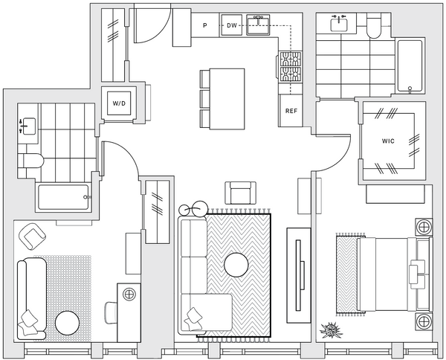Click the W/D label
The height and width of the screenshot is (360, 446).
pyautogui.click(x=119, y=103)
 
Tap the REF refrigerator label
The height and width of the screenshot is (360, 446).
pyautogui.click(x=291, y=111)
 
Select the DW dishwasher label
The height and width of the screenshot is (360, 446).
pyautogui.click(x=232, y=25)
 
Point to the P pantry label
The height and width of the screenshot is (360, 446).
pyautogui.click(x=205, y=25)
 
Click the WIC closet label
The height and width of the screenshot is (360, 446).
pyautogui.click(x=388, y=141)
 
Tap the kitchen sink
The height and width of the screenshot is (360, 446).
pyautogui.click(x=258, y=25)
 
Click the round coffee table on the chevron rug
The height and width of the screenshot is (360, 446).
pyautogui.click(x=236, y=265)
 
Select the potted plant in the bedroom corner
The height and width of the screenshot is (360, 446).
pyautogui.click(x=331, y=330)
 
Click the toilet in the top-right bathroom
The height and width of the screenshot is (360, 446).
pyautogui.click(x=374, y=26)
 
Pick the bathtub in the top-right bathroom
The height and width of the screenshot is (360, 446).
pyautogui.click(x=410, y=66)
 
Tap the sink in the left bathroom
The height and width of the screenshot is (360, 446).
pyautogui.click(x=28, y=126)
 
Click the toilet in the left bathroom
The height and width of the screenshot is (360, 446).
pyautogui.click(x=30, y=161)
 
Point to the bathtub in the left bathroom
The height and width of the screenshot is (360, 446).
pyautogui.click(x=64, y=197)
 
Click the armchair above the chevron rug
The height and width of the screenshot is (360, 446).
pyautogui.click(x=241, y=193)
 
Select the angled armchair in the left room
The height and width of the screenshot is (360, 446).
pyautogui.click(x=32, y=237)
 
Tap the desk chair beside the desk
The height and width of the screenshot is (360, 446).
pyautogui.click(x=111, y=312)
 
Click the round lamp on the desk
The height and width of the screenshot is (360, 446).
pyautogui.click(x=129, y=294)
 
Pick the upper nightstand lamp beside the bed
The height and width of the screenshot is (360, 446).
pyautogui.click(x=424, y=228)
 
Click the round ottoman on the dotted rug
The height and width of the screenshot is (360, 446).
pyautogui.click(x=67, y=323)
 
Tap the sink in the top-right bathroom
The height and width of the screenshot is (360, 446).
pyautogui.click(x=339, y=23)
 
